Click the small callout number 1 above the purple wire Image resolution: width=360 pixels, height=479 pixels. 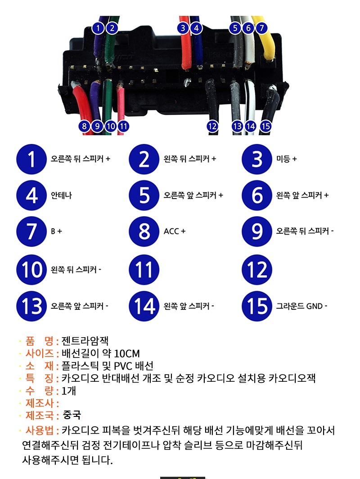pos(98,28)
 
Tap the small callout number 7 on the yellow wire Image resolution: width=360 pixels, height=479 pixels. pos(262,28)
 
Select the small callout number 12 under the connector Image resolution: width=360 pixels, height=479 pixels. pos(212,126)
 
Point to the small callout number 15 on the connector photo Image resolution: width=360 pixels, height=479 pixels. pos(265,126)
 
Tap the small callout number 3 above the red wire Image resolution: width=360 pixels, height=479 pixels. pos(183,28)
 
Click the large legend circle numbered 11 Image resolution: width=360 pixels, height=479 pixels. pos(144,270)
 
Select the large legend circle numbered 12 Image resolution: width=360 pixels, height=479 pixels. pos(257,270)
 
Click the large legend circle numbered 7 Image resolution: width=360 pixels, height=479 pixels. pos(31,231)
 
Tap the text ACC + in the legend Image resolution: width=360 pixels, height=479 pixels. pos(174,231)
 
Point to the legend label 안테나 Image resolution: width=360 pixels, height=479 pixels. pos(61,195)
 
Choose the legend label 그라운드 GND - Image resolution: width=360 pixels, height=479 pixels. pos(301,306)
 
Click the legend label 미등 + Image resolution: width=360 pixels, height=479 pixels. pos(286,159)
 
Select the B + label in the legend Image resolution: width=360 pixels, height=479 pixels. pos(57,231)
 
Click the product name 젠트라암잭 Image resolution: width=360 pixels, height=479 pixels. pos(85,341)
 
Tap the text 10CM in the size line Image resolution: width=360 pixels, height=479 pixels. pos(127,353)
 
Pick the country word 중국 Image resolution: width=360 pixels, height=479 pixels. pos(72,415)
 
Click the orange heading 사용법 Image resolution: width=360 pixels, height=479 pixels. pos(40,430)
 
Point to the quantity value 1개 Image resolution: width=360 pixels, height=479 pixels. pos(69,391)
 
